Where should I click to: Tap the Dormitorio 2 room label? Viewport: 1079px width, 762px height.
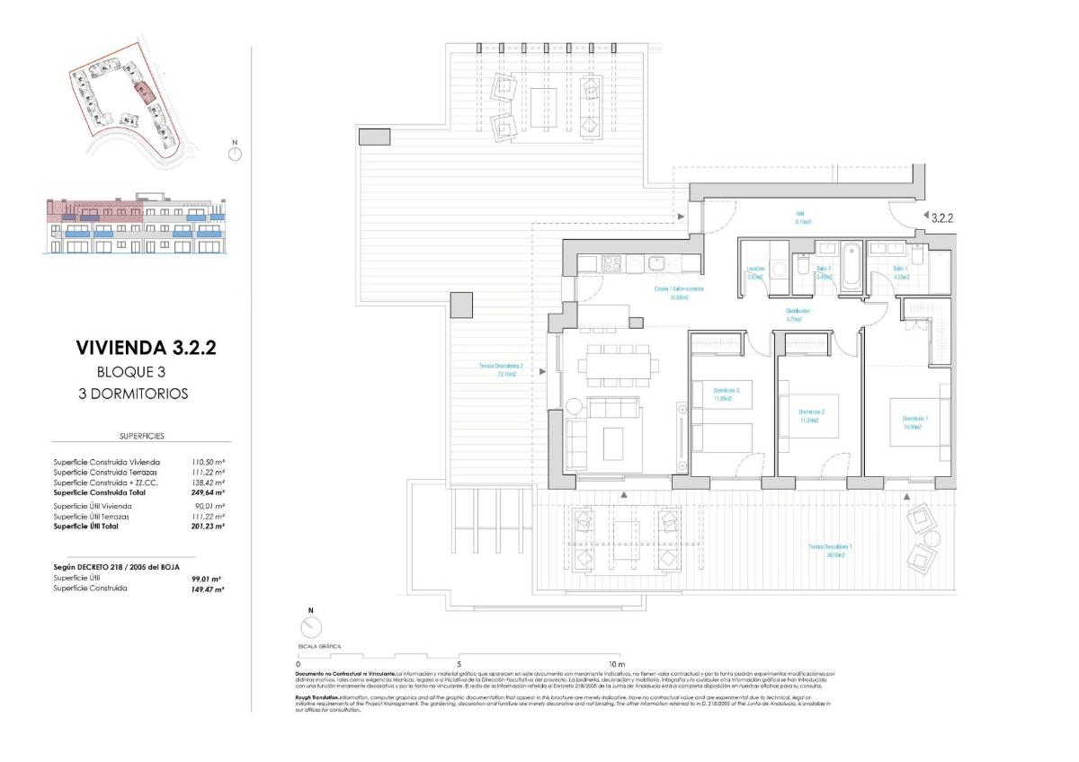pos(812,416)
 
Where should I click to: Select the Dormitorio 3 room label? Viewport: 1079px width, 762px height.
pos(726,394)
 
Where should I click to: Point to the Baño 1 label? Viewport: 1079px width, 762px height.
pos(900,273)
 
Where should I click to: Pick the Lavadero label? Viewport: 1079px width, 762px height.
pos(755,273)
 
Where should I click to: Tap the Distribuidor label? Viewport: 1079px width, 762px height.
pos(798,315)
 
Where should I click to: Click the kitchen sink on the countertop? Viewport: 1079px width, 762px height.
pos(657,263)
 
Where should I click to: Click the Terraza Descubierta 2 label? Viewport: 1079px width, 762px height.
pos(501,369)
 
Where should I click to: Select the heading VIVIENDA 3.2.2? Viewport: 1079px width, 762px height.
pos(147,348)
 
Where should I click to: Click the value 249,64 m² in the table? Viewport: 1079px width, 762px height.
pos(208,492)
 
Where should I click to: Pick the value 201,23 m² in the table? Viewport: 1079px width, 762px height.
pos(208,527)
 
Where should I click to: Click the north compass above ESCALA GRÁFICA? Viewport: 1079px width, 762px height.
pos(311,629)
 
